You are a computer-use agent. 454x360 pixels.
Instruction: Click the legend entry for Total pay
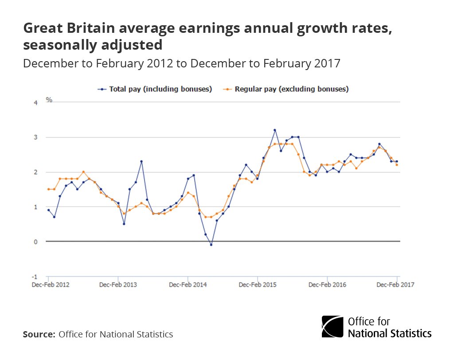pyautogui.click(x=155, y=89)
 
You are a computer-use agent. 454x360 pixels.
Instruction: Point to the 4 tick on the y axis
pyautogui.click(x=36, y=102)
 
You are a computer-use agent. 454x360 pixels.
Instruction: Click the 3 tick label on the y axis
pyautogui.click(x=36, y=137)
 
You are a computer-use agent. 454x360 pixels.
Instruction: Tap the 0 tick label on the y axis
pyautogui.click(x=36, y=242)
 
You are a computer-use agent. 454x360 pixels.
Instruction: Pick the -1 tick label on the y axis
pyautogui.click(x=35, y=277)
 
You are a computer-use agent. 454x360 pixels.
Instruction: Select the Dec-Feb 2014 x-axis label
pyautogui.click(x=188, y=285)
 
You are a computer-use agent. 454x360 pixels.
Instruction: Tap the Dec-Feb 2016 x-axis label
pyautogui.click(x=327, y=285)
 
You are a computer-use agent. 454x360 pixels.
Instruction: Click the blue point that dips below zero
pyautogui.click(x=211, y=245)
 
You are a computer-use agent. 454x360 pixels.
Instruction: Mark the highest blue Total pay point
pyautogui.click(x=275, y=130)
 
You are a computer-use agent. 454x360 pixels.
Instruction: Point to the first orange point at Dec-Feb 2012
pyautogui.click(x=48, y=189)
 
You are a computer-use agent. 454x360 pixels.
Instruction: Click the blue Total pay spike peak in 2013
pyautogui.click(x=141, y=161)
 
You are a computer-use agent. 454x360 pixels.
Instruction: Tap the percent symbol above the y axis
pyautogui.click(x=49, y=100)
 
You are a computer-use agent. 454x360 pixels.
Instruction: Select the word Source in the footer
pyautogui.click(x=39, y=334)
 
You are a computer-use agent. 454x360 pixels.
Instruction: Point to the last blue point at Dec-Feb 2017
pyautogui.click(x=397, y=161)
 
